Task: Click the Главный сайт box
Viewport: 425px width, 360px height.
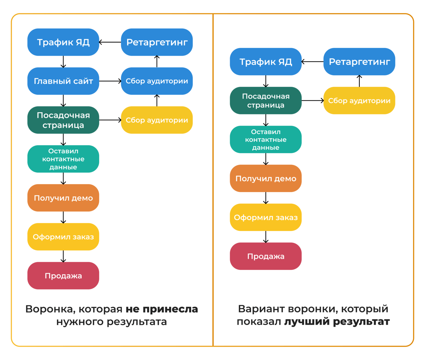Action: tap(63, 81)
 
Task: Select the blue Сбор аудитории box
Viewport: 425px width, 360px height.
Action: tap(157, 81)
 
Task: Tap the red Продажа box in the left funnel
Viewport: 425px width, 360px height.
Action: tap(63, 276)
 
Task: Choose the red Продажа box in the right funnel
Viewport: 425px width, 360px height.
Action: tap(265, 256)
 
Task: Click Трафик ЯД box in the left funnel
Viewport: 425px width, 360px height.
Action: tap(63, 42)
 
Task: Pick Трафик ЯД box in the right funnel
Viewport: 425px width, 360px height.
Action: tap(265, 62)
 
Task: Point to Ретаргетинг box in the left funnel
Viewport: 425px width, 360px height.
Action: tap(157, 42)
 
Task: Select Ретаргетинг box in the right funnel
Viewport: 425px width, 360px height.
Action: tap(359, 62)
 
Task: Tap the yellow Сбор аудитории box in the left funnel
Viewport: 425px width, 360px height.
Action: tap(157, 120)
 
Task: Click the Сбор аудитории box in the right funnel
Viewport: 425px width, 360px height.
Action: tap(359, 101)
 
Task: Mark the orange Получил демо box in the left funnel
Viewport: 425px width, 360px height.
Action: tap(63, 198)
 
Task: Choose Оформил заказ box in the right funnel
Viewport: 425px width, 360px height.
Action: tap(265, 217)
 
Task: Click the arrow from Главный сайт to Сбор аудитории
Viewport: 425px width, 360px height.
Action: tap(110, 81)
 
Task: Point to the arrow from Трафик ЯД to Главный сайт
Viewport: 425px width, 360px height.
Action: tap(63, 62)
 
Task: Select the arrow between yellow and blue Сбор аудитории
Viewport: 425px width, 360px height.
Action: tap(157, 100)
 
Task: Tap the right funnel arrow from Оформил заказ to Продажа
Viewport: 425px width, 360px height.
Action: tap(266, 237)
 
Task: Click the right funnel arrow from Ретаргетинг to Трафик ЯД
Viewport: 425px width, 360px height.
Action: tap(312, 62)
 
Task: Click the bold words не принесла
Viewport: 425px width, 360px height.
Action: tap(162, 309)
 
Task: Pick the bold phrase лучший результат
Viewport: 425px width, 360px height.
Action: tap(337, 322)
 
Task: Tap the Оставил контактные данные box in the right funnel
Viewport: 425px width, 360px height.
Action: tap(265, 140)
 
